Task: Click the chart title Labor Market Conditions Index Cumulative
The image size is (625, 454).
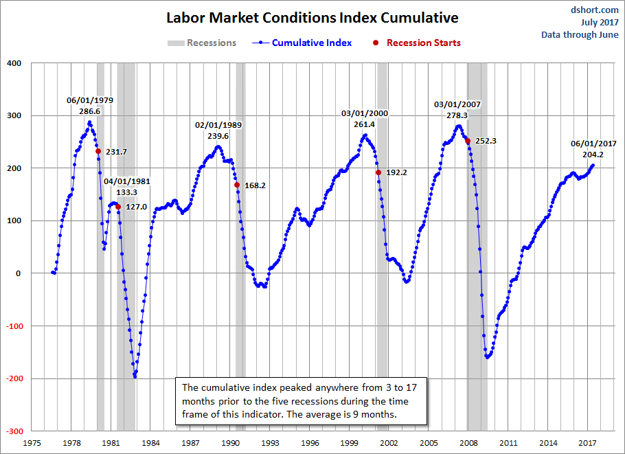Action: (x=312, y=17)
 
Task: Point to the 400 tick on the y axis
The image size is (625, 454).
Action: (x=14, y=63)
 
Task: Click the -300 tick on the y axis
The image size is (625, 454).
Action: (x=13, y=431)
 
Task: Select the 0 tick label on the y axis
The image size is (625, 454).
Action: (x=19, y=273)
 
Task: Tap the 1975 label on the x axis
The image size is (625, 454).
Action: (x=32, y=443)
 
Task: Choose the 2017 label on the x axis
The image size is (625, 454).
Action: (x=587, y=443)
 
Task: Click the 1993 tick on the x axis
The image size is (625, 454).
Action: (x=270, y=443)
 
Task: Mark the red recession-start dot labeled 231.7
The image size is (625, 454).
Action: (x=98, y=151)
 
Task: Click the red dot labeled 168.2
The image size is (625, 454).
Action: (x=237, y=185)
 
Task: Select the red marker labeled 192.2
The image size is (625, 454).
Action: (x=378, y=172)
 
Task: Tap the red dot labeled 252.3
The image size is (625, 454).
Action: (x=468, y=141)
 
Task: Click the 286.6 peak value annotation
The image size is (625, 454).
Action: (x=90, y=111)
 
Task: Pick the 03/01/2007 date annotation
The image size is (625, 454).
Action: (x=457, y=104)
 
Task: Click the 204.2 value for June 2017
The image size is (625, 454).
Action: (x=593, y=155)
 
